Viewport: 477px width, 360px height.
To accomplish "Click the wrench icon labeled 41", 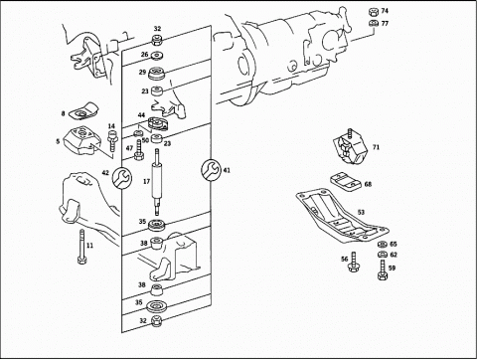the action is coord(211,170).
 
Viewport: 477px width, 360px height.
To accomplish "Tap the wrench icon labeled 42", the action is coord(122,177).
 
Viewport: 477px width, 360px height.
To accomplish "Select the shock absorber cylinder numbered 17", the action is coord(157,182).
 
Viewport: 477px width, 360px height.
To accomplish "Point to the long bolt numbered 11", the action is coord(81,247).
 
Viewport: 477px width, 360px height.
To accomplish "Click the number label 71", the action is coord(376,147).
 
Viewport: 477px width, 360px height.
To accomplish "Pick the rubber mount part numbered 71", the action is coord(351,147).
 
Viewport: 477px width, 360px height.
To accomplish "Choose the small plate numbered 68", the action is coord(346,181).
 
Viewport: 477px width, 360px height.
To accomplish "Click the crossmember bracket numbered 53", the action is coord(342,216).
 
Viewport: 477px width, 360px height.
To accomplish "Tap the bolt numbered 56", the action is coord(354,263).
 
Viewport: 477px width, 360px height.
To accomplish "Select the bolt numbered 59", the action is coord(382,270).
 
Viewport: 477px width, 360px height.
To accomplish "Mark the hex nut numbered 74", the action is coord(373,11).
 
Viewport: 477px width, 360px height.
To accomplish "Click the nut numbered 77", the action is coord(374,24).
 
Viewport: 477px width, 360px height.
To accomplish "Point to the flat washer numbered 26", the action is coord(156,56).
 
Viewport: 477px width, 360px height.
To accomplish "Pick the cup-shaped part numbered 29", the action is coord(157,74).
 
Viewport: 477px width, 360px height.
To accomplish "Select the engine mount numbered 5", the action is coord(81,141).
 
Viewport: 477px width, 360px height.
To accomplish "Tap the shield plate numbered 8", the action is coord(83,111).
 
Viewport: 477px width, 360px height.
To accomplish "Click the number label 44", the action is coord(141,115).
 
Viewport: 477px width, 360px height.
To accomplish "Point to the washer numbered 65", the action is coord(382,245).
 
